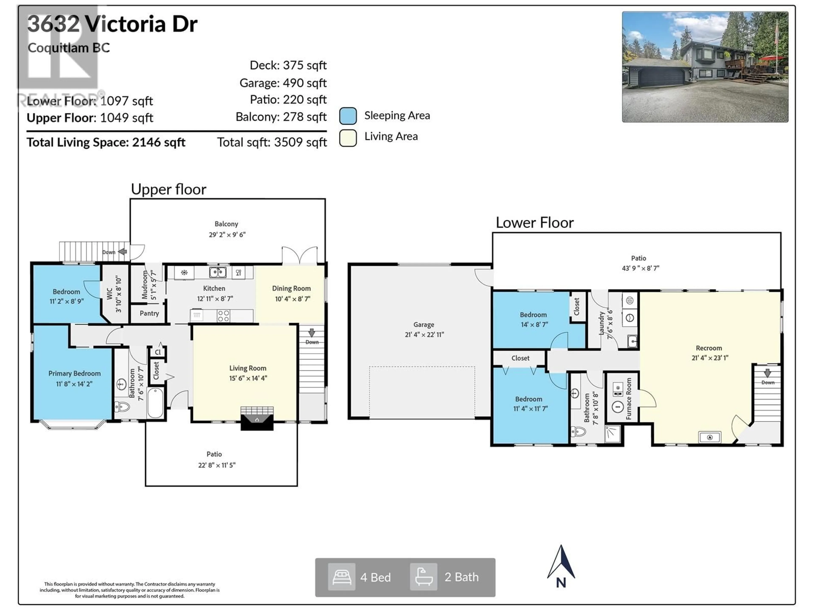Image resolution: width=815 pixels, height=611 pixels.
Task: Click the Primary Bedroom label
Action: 74,373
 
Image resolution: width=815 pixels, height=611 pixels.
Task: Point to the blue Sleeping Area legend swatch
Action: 348,116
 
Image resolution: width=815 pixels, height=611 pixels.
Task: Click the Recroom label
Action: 708,348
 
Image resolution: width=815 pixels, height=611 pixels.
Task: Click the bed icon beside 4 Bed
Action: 341,577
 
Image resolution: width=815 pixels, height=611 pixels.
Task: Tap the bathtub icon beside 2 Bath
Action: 424,577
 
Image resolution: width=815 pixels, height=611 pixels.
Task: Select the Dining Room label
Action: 291,288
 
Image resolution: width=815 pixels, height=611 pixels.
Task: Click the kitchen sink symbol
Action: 217,273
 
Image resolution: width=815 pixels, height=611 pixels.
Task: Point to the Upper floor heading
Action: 168,189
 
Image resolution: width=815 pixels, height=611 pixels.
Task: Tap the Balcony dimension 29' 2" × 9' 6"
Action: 227,235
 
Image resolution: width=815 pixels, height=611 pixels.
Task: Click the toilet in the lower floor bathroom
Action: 578,431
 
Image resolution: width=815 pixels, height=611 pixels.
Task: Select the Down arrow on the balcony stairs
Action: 122,252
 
